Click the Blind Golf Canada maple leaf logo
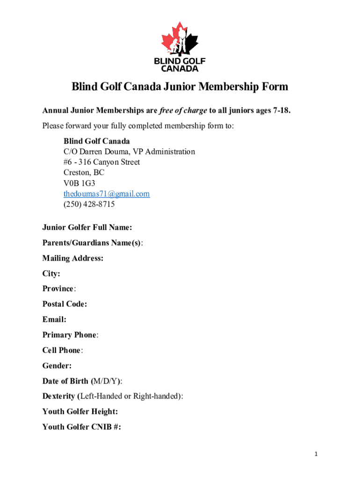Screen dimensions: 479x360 180,46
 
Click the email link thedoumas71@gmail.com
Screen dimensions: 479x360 107,194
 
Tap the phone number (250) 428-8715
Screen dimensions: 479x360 89,204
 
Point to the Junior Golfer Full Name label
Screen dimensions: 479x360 87,227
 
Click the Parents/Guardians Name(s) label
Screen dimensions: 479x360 92,243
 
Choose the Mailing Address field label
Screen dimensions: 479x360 72,258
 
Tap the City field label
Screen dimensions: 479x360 51,274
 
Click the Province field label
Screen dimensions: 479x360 58,289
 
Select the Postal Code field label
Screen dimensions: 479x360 65,304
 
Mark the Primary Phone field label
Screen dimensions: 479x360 70,335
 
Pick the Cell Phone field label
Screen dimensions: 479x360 62,350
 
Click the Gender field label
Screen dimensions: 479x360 57,365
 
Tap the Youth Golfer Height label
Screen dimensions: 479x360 80,411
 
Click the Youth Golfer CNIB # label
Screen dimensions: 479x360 82,427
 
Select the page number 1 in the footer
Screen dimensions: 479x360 317,454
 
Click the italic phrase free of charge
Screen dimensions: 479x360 183,110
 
